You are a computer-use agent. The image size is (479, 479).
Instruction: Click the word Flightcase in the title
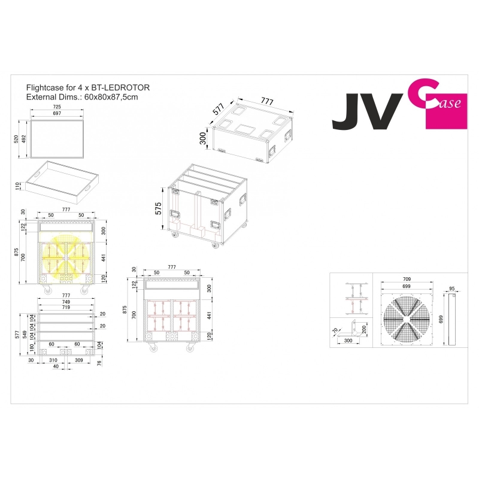(45, 87)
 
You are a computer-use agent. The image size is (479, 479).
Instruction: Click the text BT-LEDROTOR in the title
(120, 87)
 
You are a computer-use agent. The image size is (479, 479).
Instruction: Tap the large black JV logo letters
(368, 111)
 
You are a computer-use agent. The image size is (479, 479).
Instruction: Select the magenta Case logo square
(446, 111)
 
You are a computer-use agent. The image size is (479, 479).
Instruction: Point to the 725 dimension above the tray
(57, 107)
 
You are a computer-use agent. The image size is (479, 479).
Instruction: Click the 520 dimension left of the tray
(16, 139)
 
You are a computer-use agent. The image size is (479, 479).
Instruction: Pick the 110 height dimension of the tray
(17, 186)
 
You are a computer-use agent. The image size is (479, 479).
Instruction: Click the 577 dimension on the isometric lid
(219, 109)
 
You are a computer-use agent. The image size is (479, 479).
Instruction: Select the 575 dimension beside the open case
(158, 208)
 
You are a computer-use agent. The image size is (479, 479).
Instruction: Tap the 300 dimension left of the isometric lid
(202, 138)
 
